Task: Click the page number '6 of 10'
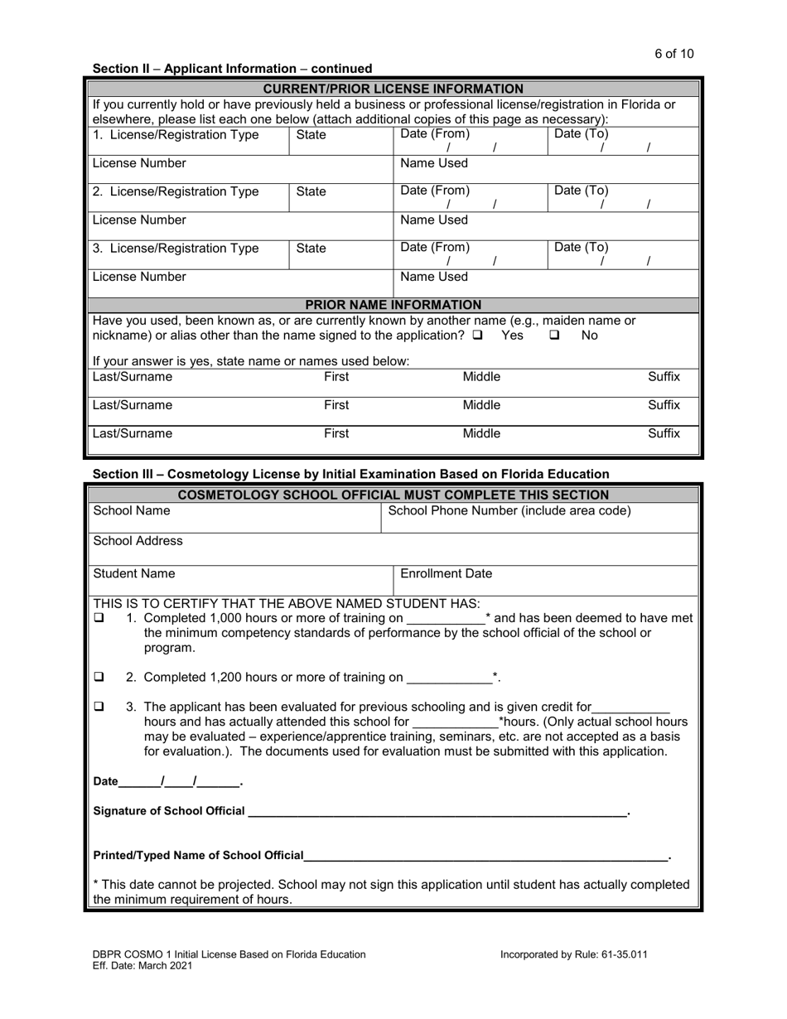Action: tap(674, 54)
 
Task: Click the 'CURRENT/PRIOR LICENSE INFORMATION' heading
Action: tap(393, 89)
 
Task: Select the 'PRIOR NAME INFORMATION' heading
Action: tap(393, 305)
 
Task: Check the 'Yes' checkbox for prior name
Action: tap(478, 336)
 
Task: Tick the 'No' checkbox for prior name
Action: tap(555, 336)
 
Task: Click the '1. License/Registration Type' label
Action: tap(176, 134)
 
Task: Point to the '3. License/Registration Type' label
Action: tap(176, 248)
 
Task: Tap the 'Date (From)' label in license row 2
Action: tap(435, 191)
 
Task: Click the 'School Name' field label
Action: tap(132, 510)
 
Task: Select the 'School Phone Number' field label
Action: tap(509, 510)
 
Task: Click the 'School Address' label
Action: tap(138, 541)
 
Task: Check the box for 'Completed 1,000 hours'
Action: tap(99, 618)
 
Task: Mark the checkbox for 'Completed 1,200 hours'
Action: tap(99, 677)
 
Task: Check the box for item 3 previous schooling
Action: tap(99, 707)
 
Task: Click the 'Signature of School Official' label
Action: tap(169, 810)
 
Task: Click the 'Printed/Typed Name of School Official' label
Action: tap(198, 855)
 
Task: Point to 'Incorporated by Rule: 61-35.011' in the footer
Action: tap(573, 954)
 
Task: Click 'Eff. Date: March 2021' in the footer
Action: tap(143, 966)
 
